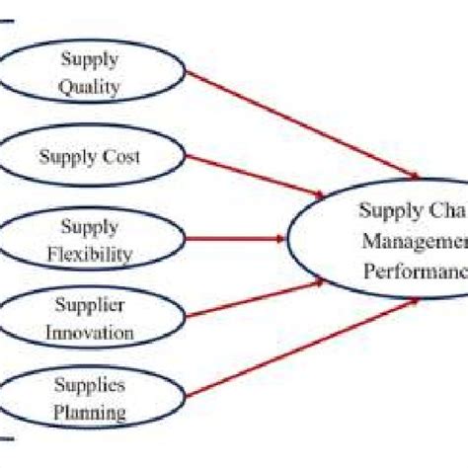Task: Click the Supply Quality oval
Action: pos(90,73)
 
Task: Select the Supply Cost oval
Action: pos(90,156)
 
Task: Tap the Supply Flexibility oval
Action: pos(90,241)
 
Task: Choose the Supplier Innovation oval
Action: pos(90,319)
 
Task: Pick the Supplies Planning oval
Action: pos(90,398)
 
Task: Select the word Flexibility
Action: pos(90,255)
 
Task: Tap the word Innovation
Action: pos(90,333)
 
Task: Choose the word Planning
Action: pos(90,412)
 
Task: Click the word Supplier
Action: pos(90,305)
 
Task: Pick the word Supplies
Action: pos(90,383)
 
